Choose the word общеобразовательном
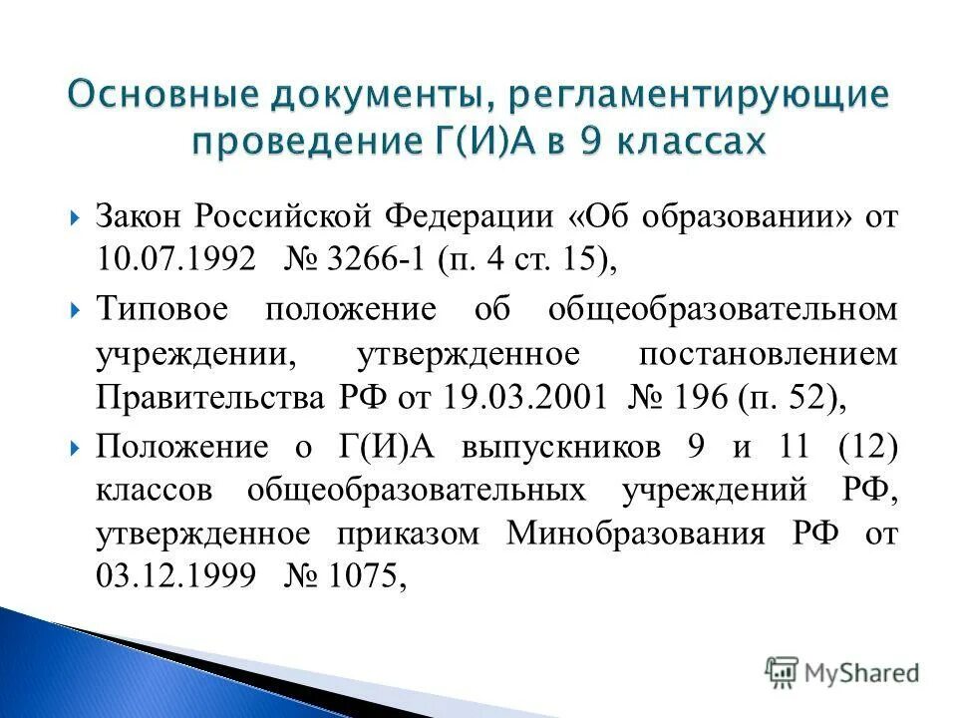(x=723, y=308)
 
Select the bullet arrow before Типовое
(x=78, y=309)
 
